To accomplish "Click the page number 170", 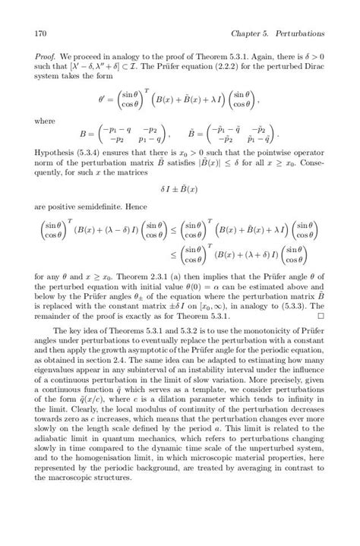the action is pos(41,34).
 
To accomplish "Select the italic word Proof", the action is pos(46,58).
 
